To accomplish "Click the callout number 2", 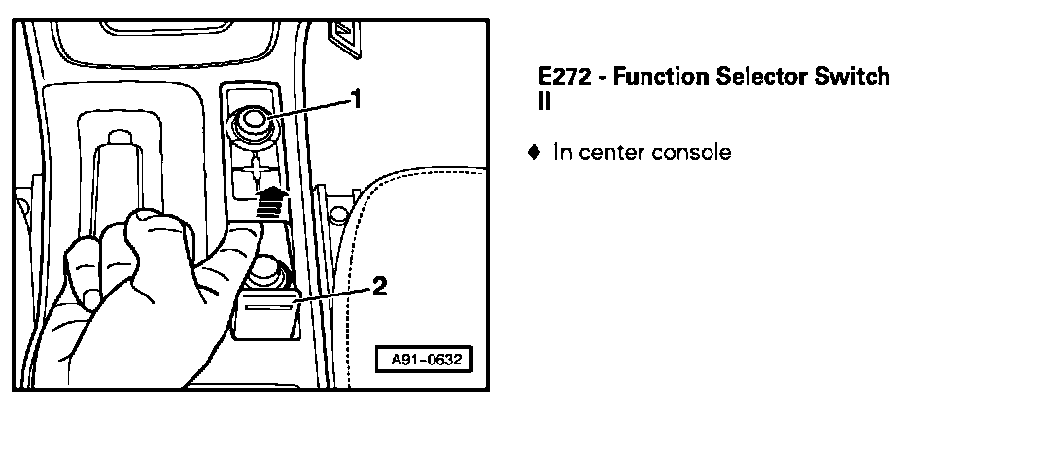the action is coord(379,286).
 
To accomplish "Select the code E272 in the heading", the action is coord(563,77).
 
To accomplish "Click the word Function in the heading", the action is coord(666,77).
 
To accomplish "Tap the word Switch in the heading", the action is coord(857,77).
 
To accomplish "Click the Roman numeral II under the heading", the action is coord(544,100).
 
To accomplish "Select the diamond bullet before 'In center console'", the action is coord(533,152).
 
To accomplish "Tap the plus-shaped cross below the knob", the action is coord(254,173).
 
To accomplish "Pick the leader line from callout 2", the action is coord(334,295).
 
